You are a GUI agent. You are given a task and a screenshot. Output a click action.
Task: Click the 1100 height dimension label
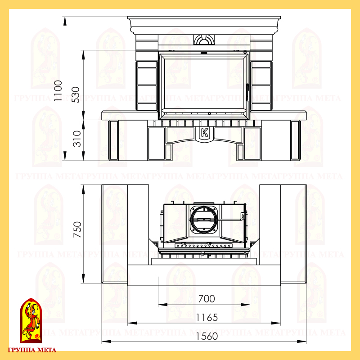click(x=58, y=91)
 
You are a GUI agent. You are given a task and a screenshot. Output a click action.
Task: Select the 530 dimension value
click(x=76, y=95)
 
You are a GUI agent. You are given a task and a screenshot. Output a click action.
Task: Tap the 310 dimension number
click(x=77, y=139)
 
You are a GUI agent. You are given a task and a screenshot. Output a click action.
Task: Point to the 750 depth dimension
click(x=77, y=229)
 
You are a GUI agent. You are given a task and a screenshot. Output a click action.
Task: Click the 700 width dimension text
click(x=207, y=299)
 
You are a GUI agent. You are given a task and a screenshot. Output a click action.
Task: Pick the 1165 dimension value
click(x=207, y=318)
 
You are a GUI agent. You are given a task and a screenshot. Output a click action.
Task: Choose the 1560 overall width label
click(x=207, y=336)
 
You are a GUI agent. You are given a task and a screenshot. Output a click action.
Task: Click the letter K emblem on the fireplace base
click(x=204, y=133)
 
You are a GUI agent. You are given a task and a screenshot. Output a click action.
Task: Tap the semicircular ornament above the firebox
click(x=204, y=40)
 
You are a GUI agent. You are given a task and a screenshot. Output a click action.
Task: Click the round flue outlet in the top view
click(x=204, y=220)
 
